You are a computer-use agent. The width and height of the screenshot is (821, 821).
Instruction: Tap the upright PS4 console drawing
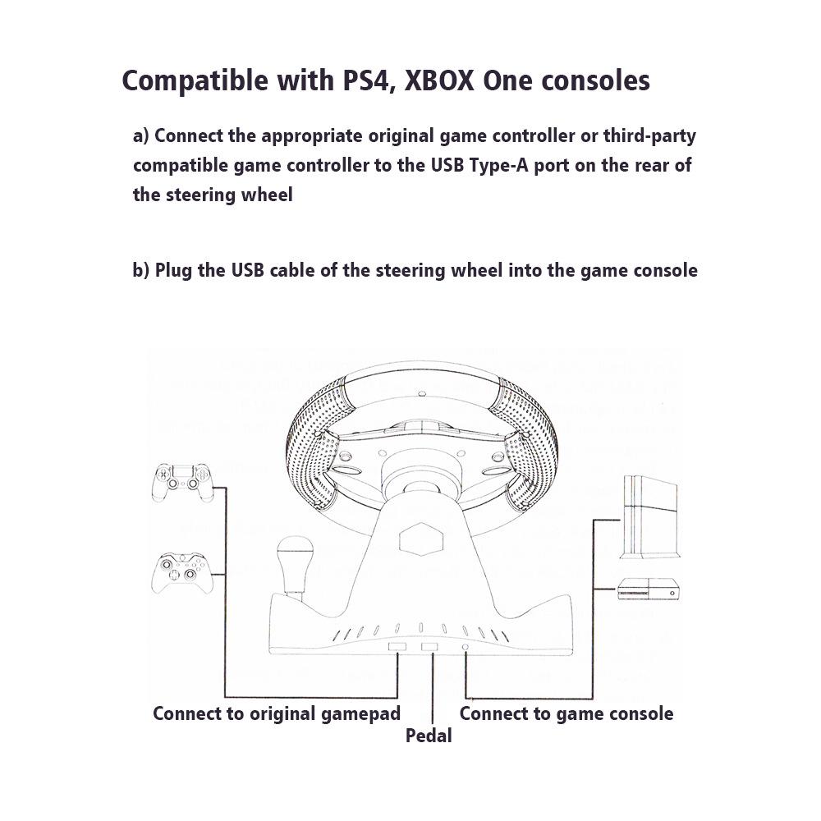coord(649,517)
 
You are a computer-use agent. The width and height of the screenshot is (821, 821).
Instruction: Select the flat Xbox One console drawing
coord(649,589)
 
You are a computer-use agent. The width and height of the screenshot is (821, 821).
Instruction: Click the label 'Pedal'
coord(429,736)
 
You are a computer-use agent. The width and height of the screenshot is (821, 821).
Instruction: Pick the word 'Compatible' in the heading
coord(185,81)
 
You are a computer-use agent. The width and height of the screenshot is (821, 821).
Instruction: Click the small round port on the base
coord(466,648)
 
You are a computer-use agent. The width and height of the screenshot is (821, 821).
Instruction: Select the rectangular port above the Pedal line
coord(430,648)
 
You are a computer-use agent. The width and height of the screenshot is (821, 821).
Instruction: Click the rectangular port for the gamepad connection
coord(397,648)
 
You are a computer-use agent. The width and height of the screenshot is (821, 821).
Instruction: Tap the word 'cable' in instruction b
coord(295,270)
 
